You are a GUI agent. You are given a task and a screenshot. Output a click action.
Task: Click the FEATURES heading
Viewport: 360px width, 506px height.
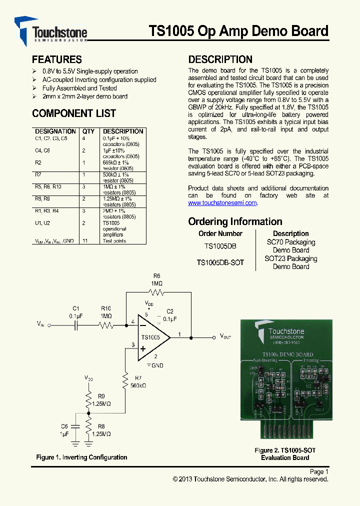(56, 59)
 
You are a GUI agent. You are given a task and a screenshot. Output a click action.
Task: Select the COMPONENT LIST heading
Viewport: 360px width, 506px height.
(73, 113)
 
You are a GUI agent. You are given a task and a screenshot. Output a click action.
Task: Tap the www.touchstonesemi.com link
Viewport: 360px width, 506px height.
(222, 203)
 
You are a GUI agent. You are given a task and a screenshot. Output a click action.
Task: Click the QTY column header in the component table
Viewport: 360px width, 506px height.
(88, 131)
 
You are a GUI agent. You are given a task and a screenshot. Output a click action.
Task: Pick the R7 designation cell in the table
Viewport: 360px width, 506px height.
(38, 174)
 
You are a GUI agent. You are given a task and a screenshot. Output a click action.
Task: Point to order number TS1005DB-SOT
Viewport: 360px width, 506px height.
(220, 262)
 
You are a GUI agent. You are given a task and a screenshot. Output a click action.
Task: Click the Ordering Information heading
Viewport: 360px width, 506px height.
(235, 221)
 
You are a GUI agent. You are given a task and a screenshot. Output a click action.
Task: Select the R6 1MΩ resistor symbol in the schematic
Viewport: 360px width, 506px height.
(156, 292)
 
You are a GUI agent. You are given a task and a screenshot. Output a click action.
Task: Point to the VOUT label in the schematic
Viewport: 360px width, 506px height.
(225, 336)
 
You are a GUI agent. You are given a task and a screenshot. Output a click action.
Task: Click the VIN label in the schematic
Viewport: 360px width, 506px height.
(41, 324)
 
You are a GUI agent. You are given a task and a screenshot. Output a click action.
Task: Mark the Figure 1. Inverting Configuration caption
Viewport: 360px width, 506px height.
(81, 457)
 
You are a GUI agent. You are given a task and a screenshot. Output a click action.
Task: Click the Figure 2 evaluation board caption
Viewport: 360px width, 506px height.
(285, 454)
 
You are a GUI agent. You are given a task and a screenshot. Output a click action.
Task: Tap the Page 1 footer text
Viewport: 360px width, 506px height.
(319, 471)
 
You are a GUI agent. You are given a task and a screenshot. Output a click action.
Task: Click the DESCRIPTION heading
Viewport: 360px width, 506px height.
(220, 59)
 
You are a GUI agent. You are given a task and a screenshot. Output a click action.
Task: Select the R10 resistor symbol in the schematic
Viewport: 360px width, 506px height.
(106, 325)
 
